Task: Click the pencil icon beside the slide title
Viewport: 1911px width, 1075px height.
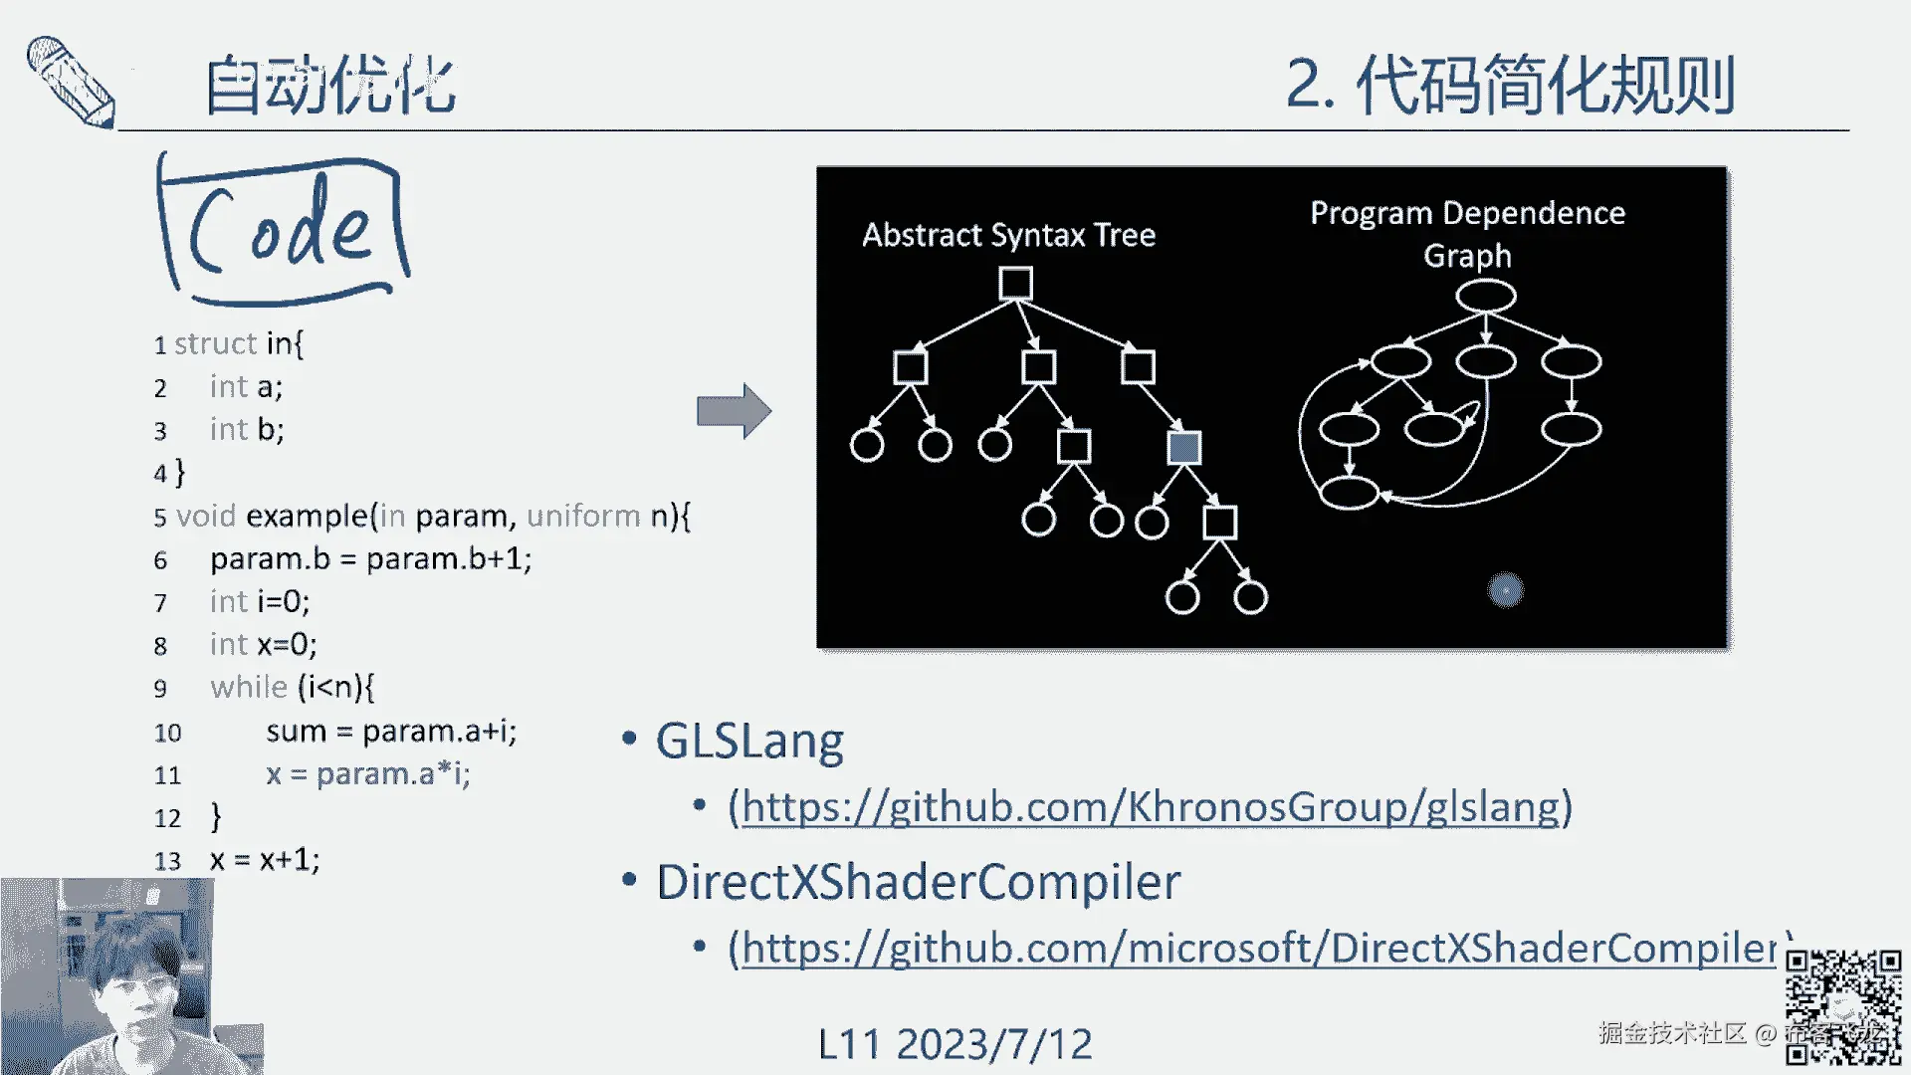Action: pos(70,82)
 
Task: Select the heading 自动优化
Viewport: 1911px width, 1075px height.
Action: pos(329,86)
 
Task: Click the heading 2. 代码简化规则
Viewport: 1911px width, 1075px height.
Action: pos(1510,86)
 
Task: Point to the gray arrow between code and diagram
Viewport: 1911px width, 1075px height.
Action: pos(734,410)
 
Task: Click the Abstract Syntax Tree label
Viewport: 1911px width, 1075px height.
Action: pos(1008,235)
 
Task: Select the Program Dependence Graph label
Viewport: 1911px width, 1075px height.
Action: pos(1467,233)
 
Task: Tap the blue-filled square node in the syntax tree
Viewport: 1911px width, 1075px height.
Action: pos(1183,448)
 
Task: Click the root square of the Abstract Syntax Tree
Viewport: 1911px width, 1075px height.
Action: pos(1015,284)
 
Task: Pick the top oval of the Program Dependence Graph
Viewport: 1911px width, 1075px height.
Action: pos(1485,296)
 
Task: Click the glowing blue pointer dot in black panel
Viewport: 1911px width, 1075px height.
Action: pos(1505,590)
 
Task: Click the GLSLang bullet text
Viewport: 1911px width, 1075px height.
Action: pos(749,742)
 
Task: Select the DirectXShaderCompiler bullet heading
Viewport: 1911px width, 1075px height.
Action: pos(918,883)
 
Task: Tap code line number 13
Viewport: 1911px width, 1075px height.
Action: pos(167,861)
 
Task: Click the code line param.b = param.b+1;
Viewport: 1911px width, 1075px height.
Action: pos(370,559)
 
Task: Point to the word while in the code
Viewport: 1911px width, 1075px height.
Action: pos(249,688)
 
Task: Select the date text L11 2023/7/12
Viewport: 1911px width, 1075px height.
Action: pos(955,1044)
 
